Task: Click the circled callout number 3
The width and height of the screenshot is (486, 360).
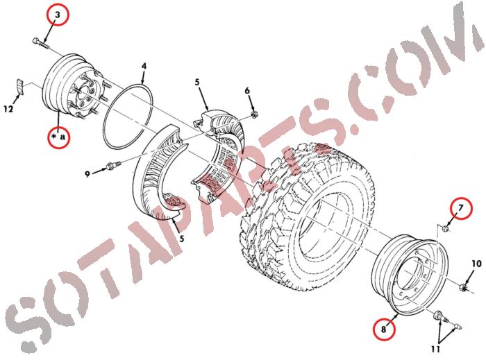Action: pos(58,15)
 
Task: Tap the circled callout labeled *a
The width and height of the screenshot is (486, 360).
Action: pos(59,137)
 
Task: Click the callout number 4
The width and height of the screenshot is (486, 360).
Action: pos(144,67)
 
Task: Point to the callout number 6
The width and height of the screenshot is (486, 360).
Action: pos(246,92)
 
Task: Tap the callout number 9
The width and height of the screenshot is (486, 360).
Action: pos(88,174)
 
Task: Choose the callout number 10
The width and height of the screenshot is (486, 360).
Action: pos(476,264)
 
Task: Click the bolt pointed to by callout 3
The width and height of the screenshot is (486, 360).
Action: pos(39,44)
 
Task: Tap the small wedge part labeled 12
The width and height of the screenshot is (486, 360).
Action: pos(20,89)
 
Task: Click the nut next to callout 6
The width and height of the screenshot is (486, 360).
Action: pos(255,112)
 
